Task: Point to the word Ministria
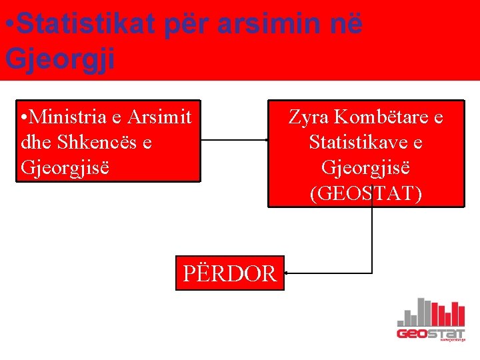point(69,117)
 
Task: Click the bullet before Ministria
point(25,118)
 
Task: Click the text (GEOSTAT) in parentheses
point(365,193)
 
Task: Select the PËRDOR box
point(230,273)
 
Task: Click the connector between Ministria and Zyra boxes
point(234,140)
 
